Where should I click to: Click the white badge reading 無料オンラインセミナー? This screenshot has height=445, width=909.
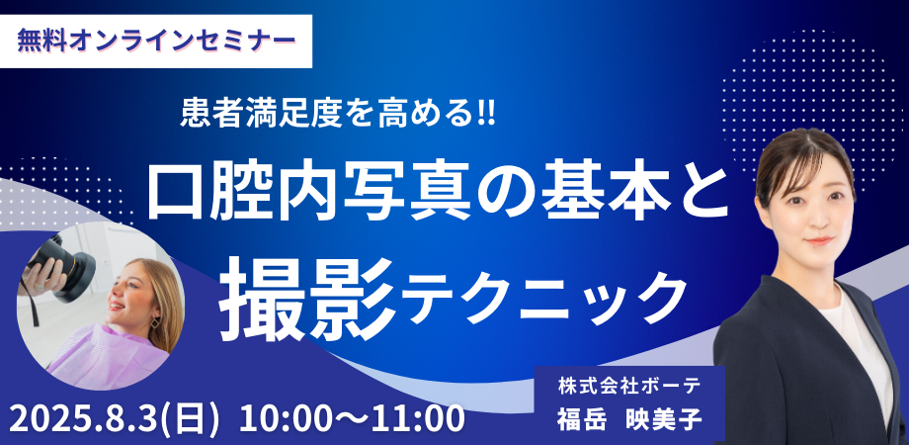[155, 42]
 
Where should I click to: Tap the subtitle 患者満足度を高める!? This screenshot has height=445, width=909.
[338, 113]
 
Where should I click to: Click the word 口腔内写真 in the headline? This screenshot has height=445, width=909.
[308, 194]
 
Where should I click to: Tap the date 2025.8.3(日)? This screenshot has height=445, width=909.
[115, 419]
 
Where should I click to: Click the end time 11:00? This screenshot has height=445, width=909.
[423, 418]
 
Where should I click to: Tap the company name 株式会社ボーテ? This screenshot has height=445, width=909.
[629, 385]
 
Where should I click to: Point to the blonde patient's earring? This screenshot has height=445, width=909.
[155, 322]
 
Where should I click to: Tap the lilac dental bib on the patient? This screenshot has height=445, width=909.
[108, 356]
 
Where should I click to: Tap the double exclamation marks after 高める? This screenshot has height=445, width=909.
[486, 113]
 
